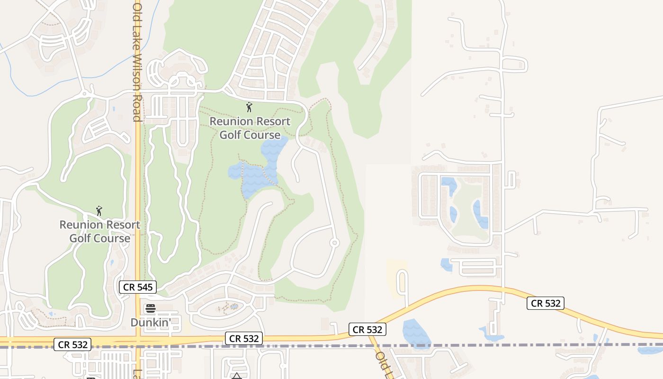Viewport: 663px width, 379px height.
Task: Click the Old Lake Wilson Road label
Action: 137,62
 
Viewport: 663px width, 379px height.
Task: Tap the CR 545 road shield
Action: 137,287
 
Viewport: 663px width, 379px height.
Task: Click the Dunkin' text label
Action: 151,323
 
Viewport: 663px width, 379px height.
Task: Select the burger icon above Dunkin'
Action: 151,309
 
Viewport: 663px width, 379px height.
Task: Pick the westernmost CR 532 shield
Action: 72,344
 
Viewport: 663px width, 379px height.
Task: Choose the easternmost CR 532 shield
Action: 546,303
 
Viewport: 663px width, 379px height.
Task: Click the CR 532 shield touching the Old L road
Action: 367,330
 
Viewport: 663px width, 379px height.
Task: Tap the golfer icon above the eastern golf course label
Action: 249,107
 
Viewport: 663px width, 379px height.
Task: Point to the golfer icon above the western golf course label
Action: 99,210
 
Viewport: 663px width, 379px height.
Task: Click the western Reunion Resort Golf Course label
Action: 100,231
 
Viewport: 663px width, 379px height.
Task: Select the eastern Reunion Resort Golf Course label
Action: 250,128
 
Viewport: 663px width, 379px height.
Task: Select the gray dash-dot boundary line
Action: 474,345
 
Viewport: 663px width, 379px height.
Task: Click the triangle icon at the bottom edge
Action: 236,376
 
